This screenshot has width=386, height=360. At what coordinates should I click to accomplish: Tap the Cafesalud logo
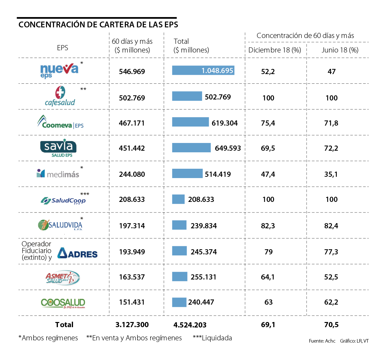tap(60, 96)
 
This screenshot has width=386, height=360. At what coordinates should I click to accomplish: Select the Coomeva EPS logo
tap(60, 122)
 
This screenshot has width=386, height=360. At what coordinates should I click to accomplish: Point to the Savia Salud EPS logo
tap(59, 148)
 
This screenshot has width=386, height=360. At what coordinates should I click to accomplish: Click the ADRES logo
tap(78, 253)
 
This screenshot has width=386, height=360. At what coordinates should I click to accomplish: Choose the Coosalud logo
tap(63, 303)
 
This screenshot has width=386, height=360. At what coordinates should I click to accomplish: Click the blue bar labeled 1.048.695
tap(203, 70)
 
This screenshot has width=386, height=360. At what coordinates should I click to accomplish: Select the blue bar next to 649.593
tap(191, 147)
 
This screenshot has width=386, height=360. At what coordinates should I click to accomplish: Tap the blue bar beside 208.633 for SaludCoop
tap(178, 199)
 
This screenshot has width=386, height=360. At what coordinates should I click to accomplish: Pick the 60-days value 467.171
tap(132, 123)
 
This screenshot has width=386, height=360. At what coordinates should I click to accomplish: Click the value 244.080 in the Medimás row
tap(132, 174)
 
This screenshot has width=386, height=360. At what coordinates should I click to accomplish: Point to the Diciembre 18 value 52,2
tap(268, 71)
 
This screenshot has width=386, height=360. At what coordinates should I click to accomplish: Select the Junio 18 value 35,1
tap(331, 174)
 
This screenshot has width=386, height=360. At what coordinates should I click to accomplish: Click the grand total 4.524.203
tap(190, 325)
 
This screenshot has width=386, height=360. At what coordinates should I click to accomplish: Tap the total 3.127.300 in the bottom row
tap(132, 325)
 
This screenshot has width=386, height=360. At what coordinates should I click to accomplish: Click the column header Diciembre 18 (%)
tap(275, 50)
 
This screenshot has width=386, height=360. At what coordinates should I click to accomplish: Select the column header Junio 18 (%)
tap(340, 50)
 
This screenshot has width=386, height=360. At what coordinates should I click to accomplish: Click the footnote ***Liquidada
tap(212, 338)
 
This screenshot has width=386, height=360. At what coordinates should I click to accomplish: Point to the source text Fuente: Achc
tap(322, 341)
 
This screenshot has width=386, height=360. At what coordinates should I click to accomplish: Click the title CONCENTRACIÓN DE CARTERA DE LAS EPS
tap(98, 25)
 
